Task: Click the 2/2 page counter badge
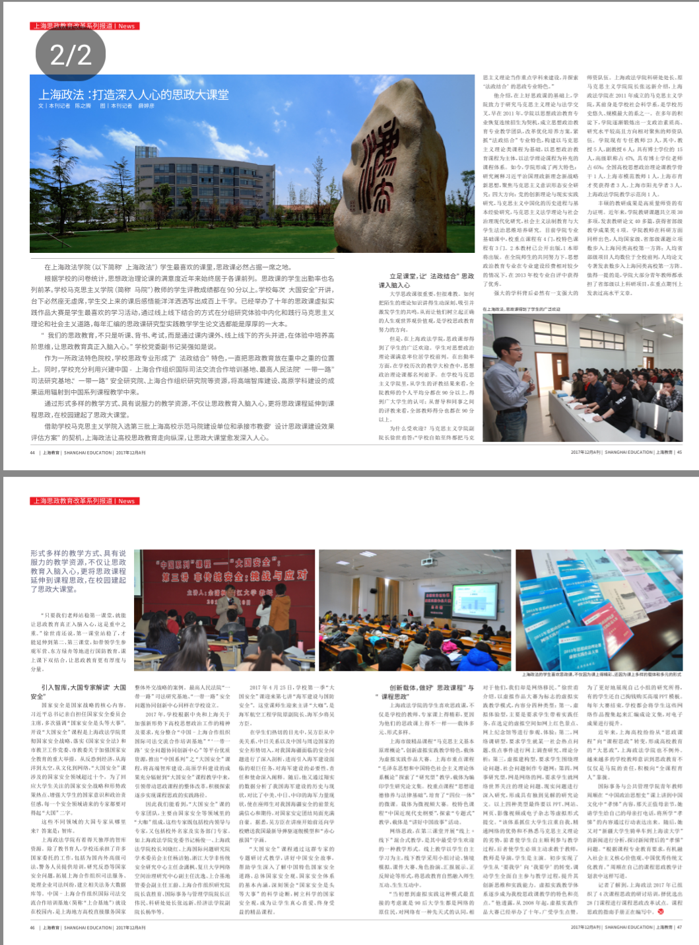click(71, 54)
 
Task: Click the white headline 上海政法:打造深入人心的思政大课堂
click(133, 95)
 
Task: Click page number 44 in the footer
click(32, 452)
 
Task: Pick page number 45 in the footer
click(679, 452)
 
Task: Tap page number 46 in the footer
click(32, 927)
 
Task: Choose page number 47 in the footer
click(679, 927)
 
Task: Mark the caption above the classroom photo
click(521, 309)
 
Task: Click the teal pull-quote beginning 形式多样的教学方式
click(78, 571)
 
